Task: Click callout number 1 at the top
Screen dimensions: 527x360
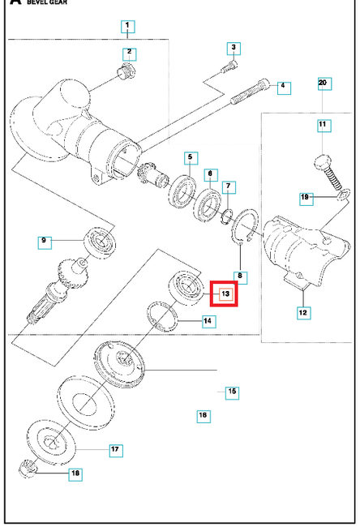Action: (x=128, y=27)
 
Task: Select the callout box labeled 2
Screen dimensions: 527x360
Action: (x=129, y=53)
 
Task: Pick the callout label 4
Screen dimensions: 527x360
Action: (x=282, y=86)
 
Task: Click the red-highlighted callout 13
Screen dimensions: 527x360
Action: (x=225, y=293)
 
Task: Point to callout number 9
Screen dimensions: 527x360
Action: (x=45, y=240)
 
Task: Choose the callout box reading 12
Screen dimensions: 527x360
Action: (x=302, y=311)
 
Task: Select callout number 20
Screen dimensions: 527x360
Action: (x=322, y=84)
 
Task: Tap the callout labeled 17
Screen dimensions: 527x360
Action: (x=116, y=448)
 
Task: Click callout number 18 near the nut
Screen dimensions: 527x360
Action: (x=75, y=473)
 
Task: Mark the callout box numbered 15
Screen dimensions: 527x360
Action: (x=232, y=392)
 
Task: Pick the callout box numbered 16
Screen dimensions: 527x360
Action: (x=203, y=416)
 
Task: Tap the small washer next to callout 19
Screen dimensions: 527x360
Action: (x=342, y=192)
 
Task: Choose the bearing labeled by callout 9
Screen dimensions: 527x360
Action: (x=101, y=242)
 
